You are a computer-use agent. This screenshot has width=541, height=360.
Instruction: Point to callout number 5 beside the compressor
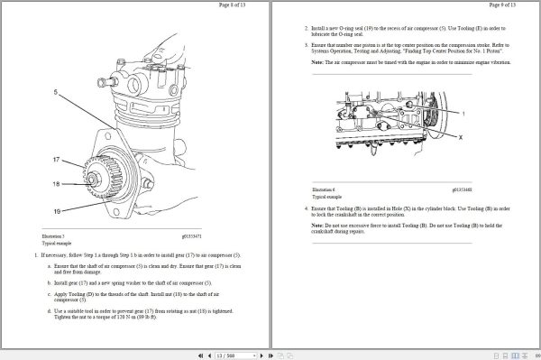(x=56, y=92)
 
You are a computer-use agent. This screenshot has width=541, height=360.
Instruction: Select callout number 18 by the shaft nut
(x=56, y=184)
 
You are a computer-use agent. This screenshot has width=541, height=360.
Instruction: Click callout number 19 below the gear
(x=56, y=210)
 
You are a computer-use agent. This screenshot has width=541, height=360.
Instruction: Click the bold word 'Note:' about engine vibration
(x=318, y=61)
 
